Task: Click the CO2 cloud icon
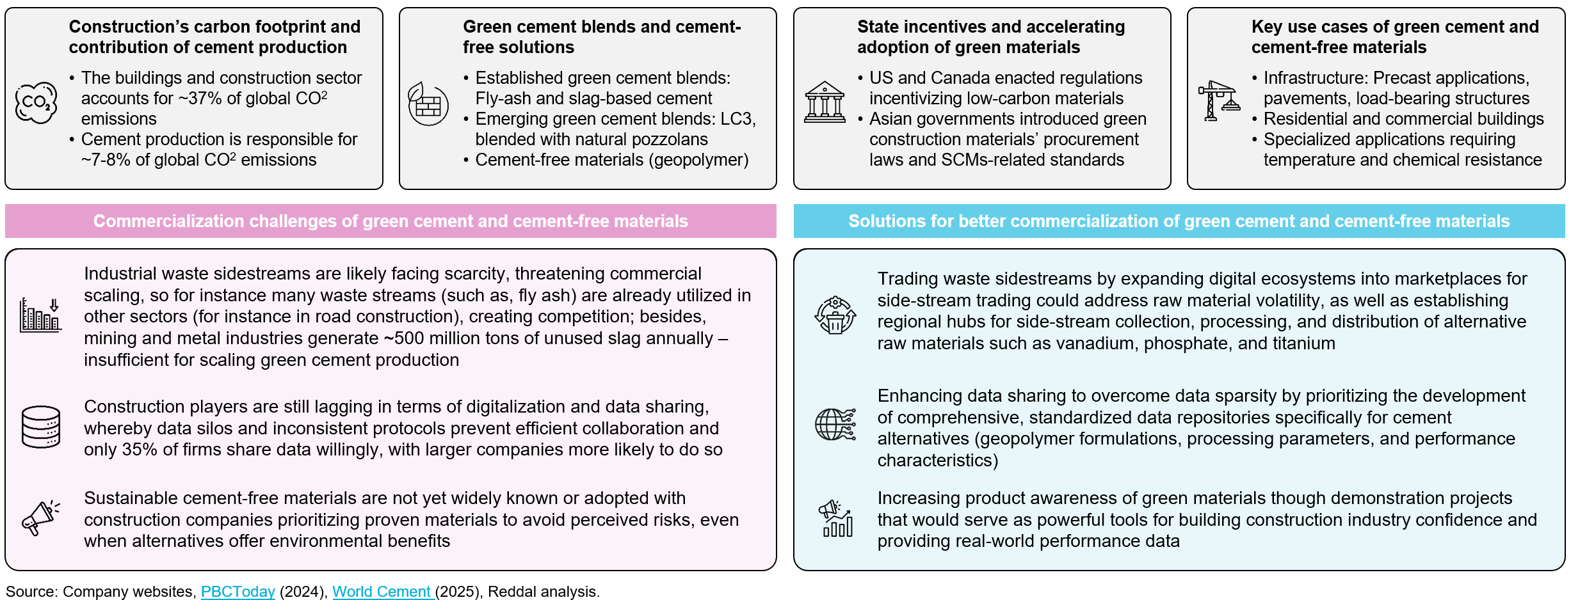(x=36, y=102)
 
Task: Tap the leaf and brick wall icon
(x=428, y=103)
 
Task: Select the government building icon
(x=825, y=102)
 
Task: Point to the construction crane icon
(x=1218, y=100)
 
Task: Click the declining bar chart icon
(x=40, y=315)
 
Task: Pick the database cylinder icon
(x=41, y=427)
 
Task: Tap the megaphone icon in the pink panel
(x=40, y=517)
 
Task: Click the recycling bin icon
(x=835, y=315)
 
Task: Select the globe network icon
(x=835, y=425)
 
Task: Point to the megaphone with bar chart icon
(x=835, y=518)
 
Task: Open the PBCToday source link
(x=238, y=592)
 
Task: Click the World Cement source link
(x=382, y=592)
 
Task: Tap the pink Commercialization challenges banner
(x=391, y=221)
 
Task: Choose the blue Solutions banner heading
(x=1179, y=221)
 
